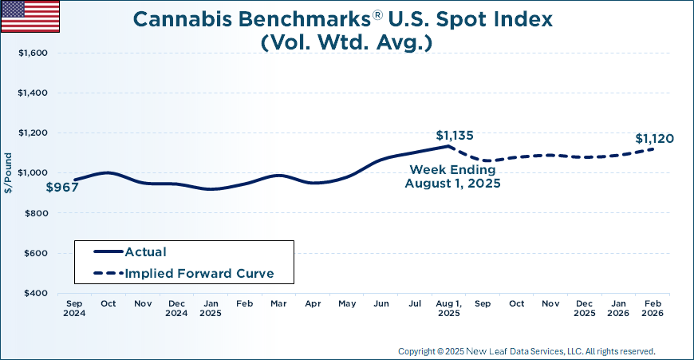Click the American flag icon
(30, 16)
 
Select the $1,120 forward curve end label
(654, 139)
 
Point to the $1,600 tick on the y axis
(33, 53)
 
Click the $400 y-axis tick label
(36, 294)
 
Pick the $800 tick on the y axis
(36, 213)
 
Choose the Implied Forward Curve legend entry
(199, 273)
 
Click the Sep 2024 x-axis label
(74, 309)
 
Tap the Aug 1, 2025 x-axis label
(449, 309)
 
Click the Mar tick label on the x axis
(278, 304)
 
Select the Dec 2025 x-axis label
(585, 309)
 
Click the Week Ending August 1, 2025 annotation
(451, 176)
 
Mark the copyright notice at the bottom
(526, 351)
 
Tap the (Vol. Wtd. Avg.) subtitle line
(346, 42)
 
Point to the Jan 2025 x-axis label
(211, 309)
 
